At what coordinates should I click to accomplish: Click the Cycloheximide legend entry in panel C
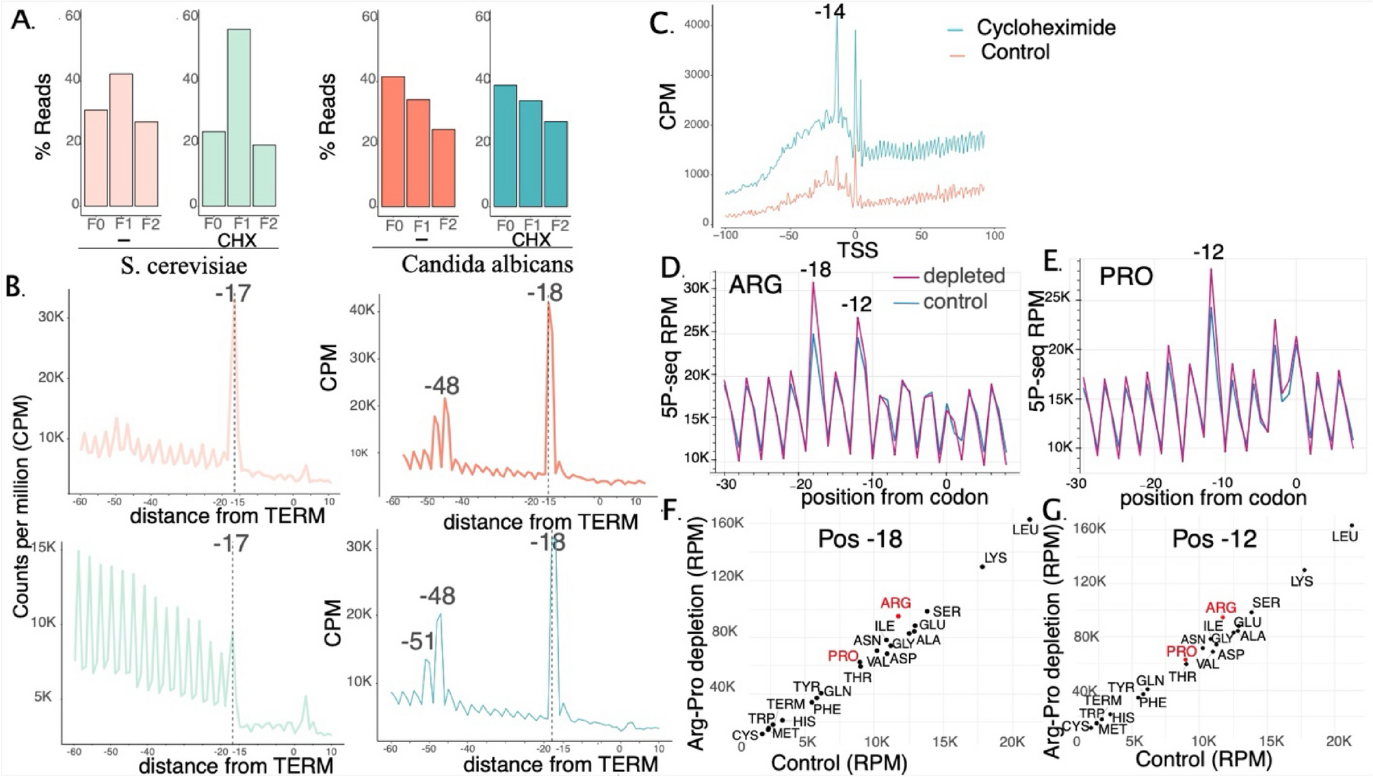pos(1045,27)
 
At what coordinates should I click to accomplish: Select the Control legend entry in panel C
pos(1015,52)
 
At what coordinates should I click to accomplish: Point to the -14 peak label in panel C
pos(829,12)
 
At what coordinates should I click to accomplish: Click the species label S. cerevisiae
pos(183,265)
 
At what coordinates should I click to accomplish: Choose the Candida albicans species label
pos(486,264)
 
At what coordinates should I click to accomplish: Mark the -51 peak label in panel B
pos(417,642)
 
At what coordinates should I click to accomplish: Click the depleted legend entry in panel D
pos(963,276)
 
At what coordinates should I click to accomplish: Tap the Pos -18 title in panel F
pos(860,539)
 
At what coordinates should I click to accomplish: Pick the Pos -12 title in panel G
pos(1214,539)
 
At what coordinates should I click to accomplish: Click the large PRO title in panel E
pos(1126,276)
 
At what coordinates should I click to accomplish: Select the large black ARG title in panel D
pos(755,283)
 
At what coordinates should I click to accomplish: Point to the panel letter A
pos(23,20)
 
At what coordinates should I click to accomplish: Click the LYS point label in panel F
pos(995,558)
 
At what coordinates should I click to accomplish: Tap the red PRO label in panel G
pos(1181,650)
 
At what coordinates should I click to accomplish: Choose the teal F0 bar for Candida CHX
pos(505,146)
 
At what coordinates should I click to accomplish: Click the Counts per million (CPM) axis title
pos(22,506)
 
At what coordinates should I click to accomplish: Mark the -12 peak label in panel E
pos(1208,252)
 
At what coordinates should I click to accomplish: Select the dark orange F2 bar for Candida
pos(443,168)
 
